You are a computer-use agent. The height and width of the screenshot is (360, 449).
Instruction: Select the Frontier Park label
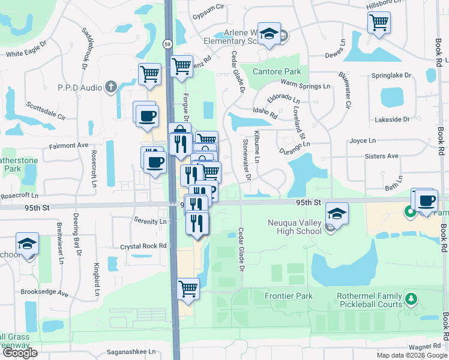coord(291,296)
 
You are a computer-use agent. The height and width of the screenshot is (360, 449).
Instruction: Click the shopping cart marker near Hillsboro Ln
coord(379,22)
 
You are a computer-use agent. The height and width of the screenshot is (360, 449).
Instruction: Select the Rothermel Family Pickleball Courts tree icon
coord(411,298)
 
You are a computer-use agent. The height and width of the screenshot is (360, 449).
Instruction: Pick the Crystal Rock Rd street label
coord(143,246)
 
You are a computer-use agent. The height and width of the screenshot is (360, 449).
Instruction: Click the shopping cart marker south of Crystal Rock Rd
coord(188,288)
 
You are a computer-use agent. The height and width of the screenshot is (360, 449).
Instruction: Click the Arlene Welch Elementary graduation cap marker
coord(270,34)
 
